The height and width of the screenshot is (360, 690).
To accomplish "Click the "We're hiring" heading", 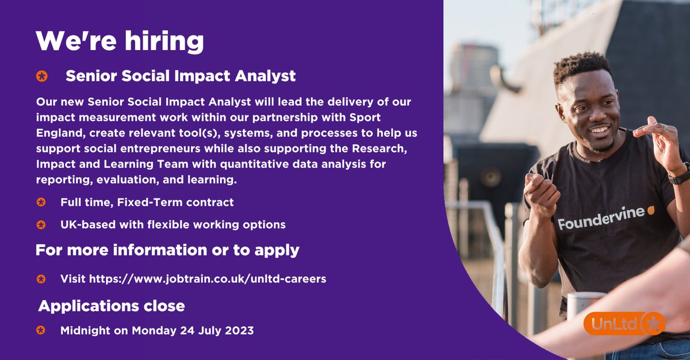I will [120, 41].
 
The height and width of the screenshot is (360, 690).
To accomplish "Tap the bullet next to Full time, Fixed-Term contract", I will [41, 202].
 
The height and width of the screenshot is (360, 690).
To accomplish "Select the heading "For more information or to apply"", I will [167, 250].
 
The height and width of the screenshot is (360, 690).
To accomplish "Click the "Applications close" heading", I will [112, 306].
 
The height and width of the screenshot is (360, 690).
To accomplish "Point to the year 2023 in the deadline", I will [239, 331].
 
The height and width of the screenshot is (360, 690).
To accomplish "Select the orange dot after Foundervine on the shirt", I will [651, 210].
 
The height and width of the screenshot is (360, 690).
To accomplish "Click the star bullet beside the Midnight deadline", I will [41, 331].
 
